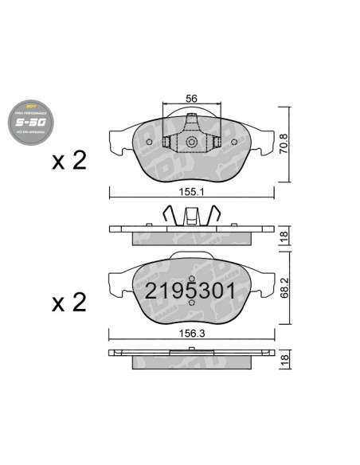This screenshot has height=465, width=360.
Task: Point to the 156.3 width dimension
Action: click(191, 335)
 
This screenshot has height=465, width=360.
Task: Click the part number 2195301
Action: click(190, 291)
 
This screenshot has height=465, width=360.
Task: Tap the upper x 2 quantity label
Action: click(68, 161)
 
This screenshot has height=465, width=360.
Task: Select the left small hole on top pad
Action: click(151, 143)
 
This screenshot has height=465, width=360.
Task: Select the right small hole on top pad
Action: click(233, 143)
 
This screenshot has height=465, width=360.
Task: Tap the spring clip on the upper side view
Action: click(191, 216)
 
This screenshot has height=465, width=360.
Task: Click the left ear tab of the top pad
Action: click(118, 139)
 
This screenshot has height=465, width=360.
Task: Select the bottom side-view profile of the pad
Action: click(191, 358)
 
